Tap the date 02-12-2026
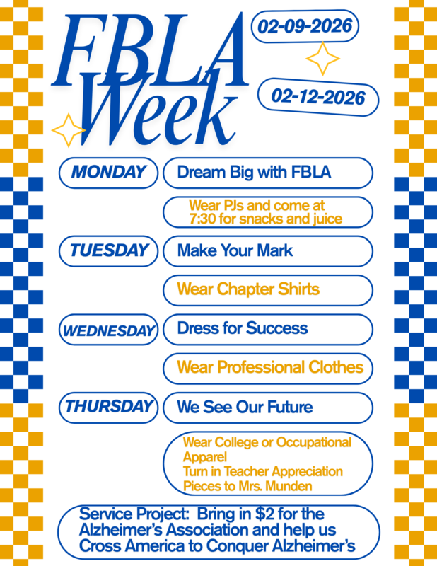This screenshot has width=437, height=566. [x=318, y=96]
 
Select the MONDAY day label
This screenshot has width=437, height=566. [x=108, y=172]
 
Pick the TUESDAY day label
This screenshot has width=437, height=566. [x=109, y=250]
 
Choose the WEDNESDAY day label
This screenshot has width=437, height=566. [x=109, y=330]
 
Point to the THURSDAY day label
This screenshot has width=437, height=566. [x=109, y=407]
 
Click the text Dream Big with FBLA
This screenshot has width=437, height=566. [x=255, y=172]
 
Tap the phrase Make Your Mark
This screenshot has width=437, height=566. [x=235, y=250]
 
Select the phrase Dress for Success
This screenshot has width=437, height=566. [x=243, y=328]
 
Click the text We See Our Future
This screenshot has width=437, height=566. [x=245, y=408]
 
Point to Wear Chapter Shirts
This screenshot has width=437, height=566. [x=248, y=289]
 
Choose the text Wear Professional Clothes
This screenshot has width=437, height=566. [x=270, y=368]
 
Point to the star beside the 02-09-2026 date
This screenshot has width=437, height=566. [x=322, y=59]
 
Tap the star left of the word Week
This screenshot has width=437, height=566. [x=69, y=129]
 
